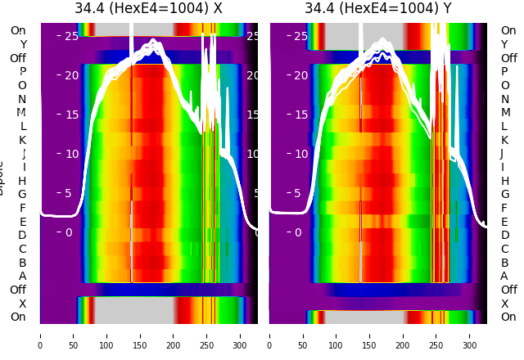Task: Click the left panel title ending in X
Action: point(148,9)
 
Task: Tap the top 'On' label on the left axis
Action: point(18,30)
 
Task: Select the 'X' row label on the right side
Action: point(504,304)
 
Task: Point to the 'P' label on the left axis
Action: point(23,72)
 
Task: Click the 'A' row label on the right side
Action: point(504,277)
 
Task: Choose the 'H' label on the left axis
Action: point(22,181)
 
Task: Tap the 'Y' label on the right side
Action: point(504,44)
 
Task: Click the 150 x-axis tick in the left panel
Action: point(140,335)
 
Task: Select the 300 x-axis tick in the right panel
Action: point(469,335)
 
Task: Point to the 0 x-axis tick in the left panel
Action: point(40,335)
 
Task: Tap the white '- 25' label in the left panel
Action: point(67,37)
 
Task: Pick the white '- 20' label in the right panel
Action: point(296,75)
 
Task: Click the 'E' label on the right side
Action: point(504,222)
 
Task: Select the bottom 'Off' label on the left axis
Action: point(18,290)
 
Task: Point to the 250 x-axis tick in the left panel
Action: point(206,335)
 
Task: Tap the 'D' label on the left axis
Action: point(22,236)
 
